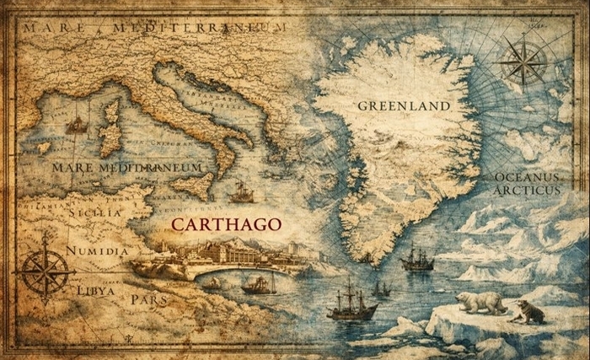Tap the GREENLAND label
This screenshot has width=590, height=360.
403,106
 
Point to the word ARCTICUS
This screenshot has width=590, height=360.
528,191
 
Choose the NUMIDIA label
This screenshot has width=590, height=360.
97,250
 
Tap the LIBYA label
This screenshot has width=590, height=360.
96,290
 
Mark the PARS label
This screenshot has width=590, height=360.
147,298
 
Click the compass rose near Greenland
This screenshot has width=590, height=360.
523,61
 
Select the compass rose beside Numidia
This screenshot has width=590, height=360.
44,268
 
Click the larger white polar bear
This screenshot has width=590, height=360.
480,302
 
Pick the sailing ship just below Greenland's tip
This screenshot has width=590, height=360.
417,258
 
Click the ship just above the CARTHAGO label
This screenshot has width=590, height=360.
242,192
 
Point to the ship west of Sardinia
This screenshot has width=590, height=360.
78,124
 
